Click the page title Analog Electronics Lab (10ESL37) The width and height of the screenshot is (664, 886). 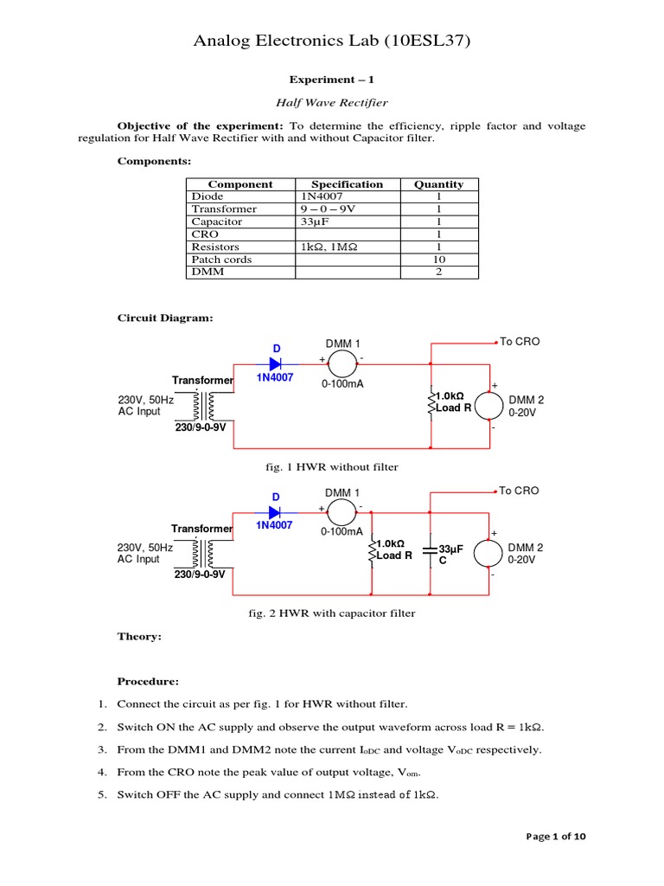[332, 40]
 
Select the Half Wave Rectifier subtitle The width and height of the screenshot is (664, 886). [332, 103]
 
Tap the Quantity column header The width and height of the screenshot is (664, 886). [438, 184]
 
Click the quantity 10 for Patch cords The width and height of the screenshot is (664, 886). [438, 260]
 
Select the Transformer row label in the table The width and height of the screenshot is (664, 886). [224, 209]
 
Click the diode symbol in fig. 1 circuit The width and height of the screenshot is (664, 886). [277, 364]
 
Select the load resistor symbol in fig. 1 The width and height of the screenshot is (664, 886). [431, 401]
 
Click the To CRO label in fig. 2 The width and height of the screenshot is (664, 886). [519, 491]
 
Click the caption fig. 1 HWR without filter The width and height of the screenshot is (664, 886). [332, 467]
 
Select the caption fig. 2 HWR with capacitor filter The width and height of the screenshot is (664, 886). [332, 613]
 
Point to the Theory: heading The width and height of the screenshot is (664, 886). [139, 637]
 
